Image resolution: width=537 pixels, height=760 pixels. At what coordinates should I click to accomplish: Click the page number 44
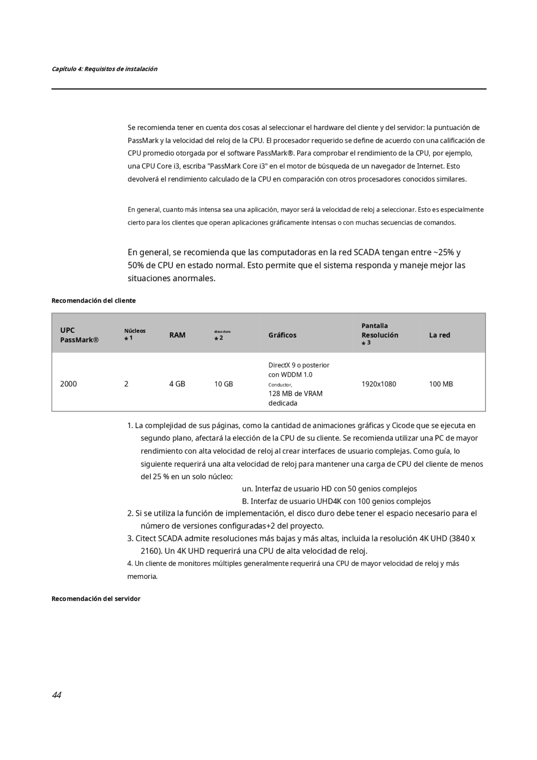(x=57, y=695)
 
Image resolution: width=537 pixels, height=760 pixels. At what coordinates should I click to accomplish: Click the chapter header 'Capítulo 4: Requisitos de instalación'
(x=104, y=69)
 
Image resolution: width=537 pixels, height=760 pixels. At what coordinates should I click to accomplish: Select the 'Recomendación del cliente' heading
(x=94, y=300)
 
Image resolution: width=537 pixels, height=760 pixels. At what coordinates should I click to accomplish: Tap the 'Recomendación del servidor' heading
(x=96, y=598)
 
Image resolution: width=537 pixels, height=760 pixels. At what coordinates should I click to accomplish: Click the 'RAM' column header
(x=177, y=335)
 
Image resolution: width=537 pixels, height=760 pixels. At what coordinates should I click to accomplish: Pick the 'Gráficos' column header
(x=282, y=335)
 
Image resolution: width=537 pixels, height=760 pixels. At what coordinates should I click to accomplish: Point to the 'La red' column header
(x=439, y=335)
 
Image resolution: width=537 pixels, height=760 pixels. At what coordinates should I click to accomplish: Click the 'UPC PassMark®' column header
(x=79, y=335)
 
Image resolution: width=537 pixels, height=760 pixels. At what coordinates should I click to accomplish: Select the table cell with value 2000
(x=68, y=384)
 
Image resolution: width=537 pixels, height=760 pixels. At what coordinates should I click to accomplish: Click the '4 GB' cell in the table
(x=177, y=384)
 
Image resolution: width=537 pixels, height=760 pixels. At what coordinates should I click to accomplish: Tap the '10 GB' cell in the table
(x=224, y=384)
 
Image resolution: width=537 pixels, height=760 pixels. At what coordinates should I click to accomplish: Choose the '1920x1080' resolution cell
(x=378, y=384)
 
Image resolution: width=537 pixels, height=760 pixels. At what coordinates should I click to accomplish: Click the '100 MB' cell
(x=441, y=384)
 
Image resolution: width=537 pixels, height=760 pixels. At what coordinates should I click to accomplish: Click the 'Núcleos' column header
(x=135, y=331)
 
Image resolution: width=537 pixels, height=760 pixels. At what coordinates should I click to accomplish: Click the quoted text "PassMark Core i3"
(x=237, y=166)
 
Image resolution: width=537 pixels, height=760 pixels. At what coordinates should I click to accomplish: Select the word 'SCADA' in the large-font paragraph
(x=366, y=252)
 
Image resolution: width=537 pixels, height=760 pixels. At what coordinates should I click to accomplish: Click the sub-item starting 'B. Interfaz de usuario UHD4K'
(x=336, y=501)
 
